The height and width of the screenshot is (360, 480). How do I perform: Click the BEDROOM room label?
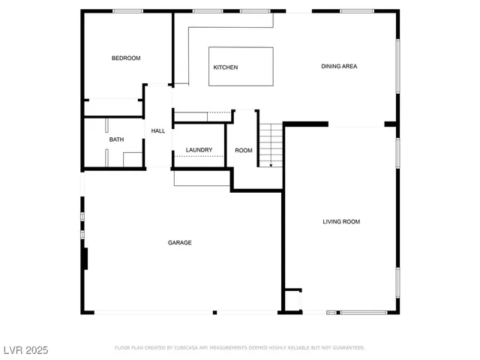(x=126, y=58)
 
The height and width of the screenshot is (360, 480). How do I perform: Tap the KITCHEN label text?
(x=226, y=67)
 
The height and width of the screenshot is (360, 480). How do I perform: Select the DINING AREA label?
(x=339, y=67)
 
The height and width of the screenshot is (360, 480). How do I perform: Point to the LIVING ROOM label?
(x=341, y=221)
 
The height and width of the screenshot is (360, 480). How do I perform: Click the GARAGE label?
(x=179, y=243)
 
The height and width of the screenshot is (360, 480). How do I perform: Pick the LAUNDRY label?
(x=199, y=150)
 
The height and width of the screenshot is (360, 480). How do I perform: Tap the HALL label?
(x=158, y=131)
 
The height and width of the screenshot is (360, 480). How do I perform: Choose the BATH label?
(x=116, y=139)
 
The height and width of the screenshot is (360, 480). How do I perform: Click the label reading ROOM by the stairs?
(x=244, y=150)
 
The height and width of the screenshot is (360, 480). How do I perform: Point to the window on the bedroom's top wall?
(x=127, y=11)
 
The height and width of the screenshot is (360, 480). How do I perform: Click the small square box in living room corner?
(x=293, y=300)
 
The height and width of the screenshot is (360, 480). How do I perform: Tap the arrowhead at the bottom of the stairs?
(x=271, y=164)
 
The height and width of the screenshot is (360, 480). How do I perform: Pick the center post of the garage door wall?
(x=214, y=312)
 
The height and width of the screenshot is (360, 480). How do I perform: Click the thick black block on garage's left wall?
(x=86, y=259)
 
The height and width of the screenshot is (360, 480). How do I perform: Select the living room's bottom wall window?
(x=363, y=312)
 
